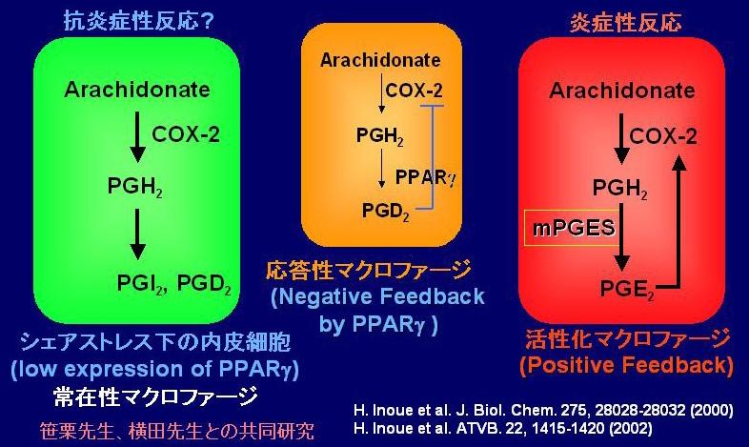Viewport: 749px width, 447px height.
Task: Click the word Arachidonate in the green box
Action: pos(137,90)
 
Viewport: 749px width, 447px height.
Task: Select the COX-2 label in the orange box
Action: pos(414,91)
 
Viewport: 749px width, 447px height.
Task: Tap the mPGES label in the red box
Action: pos(574,228)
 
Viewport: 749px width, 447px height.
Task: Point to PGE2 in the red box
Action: pos(627,290)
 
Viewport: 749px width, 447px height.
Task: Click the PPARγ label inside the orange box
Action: pos(426,177)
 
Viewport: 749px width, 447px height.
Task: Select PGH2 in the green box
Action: pos(135,186)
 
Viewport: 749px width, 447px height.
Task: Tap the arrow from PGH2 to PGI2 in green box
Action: pos(137,234)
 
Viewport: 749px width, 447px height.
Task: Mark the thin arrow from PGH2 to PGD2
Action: pos(381,168)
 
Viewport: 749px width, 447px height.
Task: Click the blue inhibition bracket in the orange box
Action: pos(432,157)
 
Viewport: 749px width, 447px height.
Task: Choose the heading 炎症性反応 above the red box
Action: pos(625,23)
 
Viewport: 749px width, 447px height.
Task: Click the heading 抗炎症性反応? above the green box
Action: pos(139,22)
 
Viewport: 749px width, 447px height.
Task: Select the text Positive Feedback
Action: pos(627,366)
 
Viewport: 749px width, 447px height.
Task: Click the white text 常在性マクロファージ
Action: pos(155,396)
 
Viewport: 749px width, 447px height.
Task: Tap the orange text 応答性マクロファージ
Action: pos(369,271)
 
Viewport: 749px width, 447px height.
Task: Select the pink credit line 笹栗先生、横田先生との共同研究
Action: pos(176,431)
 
